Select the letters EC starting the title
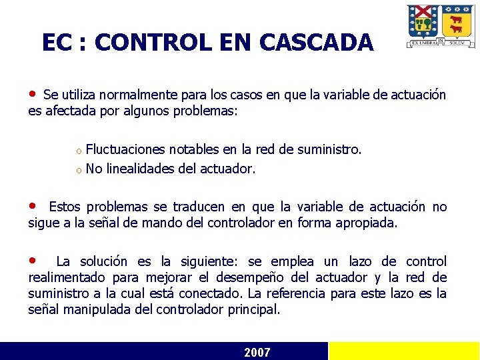tap(55, 43)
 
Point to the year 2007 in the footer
tap(257, 352)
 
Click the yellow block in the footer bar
tap(404, 351)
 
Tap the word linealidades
tap(139, 169)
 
